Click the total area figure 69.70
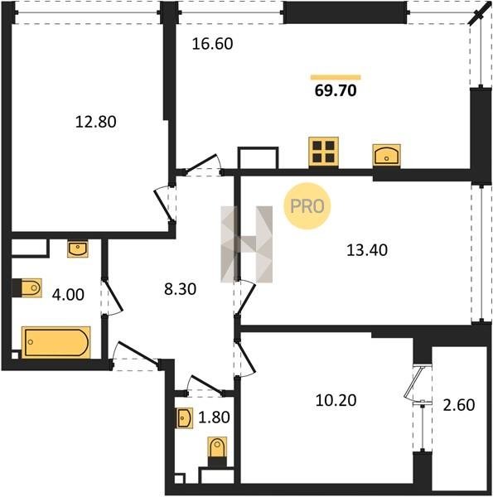click(336, 90)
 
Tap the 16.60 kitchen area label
click(212, 44)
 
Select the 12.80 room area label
click(96, 122)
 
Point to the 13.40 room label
click(367, 250)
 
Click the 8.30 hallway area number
click(180, 289)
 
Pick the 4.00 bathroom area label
click(68, 295)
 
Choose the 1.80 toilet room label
click(214, 417)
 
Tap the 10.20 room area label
click(336, 400)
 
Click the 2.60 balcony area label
click(459, 405)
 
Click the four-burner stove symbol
click(324, 152)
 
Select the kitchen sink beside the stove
click(386, 156)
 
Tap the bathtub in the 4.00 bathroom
click(56, 342)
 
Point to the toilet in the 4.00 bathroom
click(27, 287)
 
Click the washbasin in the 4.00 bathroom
click(78, 248)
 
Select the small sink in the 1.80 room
click(184, 418)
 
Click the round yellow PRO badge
click(307, 206)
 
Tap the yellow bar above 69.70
click(336, 77)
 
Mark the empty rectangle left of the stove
click(258, 158)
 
